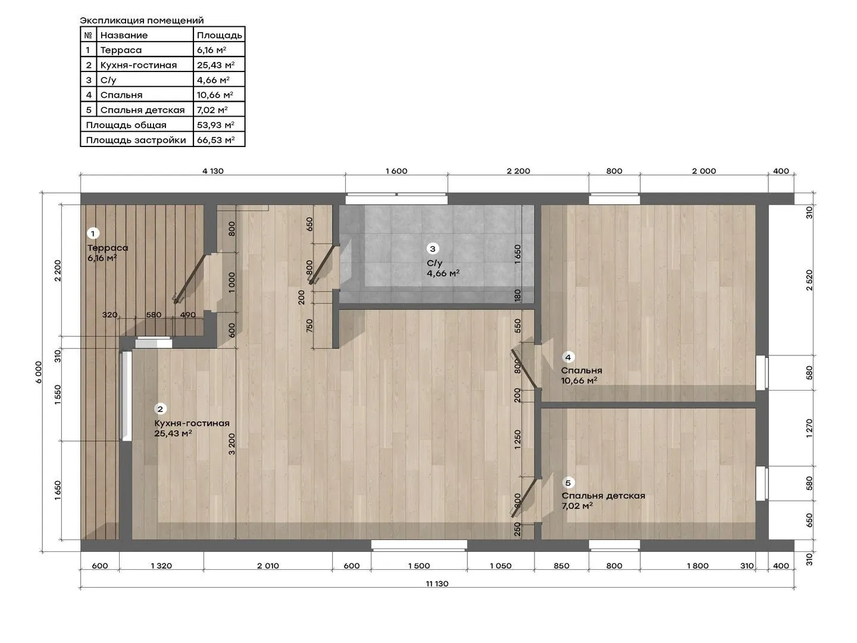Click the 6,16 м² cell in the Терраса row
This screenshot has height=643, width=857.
click(x=211, y=50)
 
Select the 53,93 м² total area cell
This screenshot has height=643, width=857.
click(x=215, y=125)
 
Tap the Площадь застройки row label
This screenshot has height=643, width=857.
click(x=136, y=140)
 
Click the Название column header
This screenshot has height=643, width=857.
click(x=124, y=35)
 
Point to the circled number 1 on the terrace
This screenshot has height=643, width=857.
click(x=93, y=233)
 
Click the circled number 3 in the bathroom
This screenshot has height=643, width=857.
click(x=432, y=249)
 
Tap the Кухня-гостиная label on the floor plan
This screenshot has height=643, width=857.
click(x=192, y=423)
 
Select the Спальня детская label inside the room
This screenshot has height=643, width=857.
click(x=603, y=496)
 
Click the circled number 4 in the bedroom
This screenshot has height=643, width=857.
click(x=568, y=357)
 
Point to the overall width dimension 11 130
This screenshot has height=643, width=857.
click(x=437, y=583)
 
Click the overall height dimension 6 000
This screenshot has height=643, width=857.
click(x=39, y=372)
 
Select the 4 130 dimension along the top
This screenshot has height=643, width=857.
click(x=213, y=171)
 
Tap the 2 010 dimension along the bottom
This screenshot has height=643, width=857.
click(x=268, y=566)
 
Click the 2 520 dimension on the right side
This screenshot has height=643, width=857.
click(x=809, y=280)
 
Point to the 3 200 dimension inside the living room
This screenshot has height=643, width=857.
click(x=232, y=444)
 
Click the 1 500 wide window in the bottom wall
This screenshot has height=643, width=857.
click(x=419, y=545)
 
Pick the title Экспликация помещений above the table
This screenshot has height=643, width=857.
click(x=142, y=20)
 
